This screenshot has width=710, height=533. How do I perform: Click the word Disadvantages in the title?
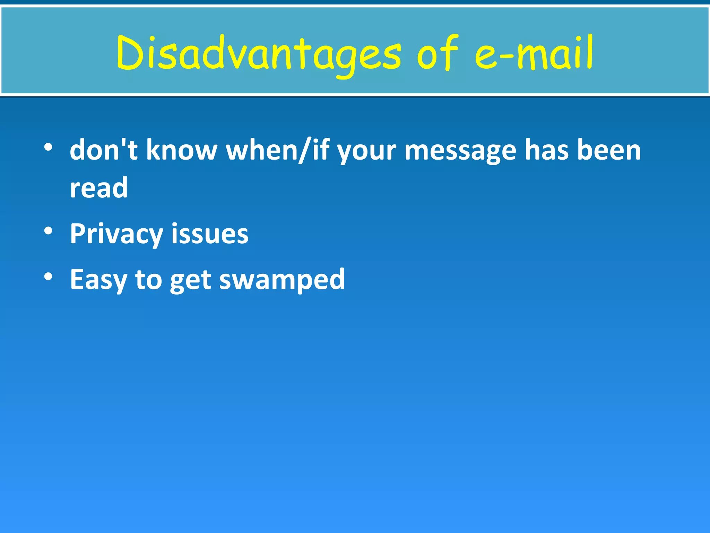(x=258, y=53)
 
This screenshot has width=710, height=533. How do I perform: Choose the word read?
(x=99, y=188)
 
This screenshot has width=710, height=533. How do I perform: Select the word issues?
(x=210, y=233)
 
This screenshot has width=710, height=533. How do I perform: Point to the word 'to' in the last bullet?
(x=148, y=279)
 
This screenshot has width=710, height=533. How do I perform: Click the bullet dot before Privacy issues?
(x=48, y=231)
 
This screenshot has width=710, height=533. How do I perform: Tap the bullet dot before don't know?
(x=48, y=147)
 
